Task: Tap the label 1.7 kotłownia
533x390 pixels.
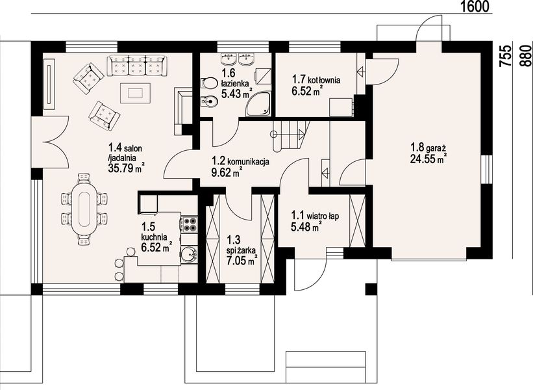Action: (x=316, y=80)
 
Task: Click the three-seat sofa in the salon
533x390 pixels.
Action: (x=136, y=66)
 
